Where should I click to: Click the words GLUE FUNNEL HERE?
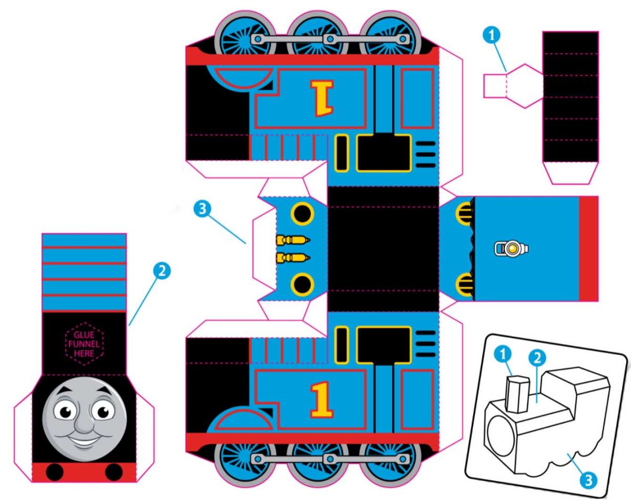click(84, 344)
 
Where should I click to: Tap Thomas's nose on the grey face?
click(83, 420)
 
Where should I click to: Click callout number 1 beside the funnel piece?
click(492, 35)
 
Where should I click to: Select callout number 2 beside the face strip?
click(161, 271)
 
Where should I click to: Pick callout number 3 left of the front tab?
click(203, 208)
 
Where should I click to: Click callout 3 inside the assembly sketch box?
click(589, 478)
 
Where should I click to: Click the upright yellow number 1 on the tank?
click(322, 400)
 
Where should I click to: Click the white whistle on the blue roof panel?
click(511, 248)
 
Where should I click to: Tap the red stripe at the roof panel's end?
click(588, 248)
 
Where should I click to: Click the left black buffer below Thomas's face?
click(55, 473)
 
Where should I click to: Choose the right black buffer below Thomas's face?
click(114, 473)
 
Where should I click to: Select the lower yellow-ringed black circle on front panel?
click(302, 284)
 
